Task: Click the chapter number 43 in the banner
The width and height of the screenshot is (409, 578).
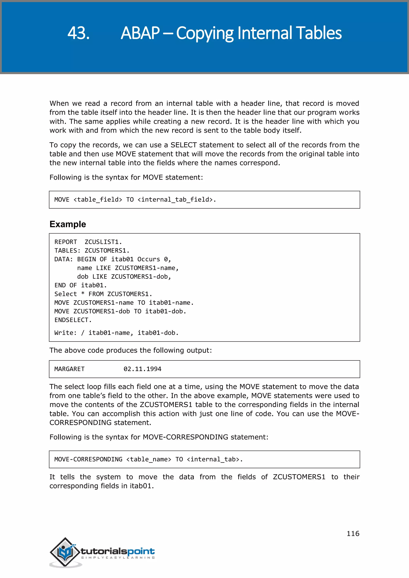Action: click(x=78, y=33)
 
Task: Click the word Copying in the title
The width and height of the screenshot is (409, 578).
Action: click(x=205, y=33)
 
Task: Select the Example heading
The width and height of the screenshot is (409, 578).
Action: click(x=68, y=224)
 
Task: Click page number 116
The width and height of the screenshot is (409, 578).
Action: click(x=353, y=533)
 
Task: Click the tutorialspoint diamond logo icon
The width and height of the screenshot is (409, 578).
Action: click(x=65, y=552)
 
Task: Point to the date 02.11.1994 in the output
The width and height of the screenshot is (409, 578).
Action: click(x=142, y=369)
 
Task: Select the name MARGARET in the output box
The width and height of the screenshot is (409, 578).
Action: click(x=69, y=369)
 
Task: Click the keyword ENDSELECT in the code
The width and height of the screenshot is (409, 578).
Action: click(x=73, y=320)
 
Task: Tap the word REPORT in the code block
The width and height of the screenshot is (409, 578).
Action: click(x=66, y=242)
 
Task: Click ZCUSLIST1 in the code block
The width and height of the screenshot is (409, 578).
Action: click(x=103, y=242)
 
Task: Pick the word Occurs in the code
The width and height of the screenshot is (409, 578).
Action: click(x=149, y=259)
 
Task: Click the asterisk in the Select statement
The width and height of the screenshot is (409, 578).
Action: click(x=83, y=294)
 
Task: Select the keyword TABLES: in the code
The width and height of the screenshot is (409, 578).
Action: click(x=68, y=250)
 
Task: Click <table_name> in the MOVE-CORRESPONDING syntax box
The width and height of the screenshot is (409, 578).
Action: click(x=149, y=459)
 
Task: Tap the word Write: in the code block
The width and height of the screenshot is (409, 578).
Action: click(x=66, y=333)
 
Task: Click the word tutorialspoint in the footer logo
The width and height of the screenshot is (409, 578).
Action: click(x=118, y=551)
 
